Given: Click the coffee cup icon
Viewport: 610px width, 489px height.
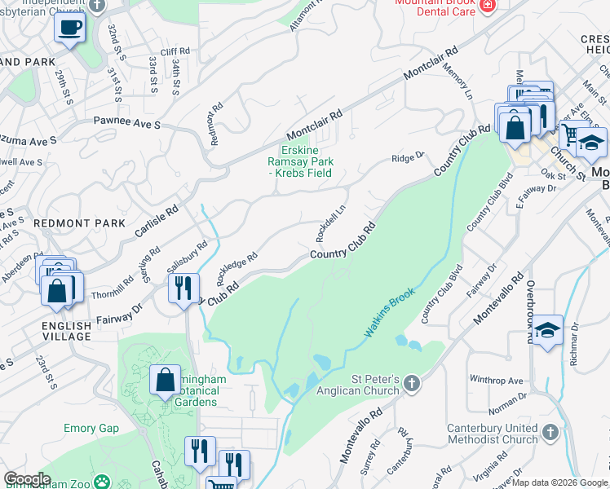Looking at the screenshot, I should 69,29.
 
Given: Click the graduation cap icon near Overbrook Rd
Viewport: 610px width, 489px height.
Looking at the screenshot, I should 548,330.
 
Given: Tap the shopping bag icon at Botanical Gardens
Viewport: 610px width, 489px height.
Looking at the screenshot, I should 166,379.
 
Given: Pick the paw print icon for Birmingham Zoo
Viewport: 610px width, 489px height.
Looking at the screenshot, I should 102,482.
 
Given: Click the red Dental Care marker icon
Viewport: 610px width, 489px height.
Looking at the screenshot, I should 488,5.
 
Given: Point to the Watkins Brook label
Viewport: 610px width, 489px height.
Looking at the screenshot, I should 389,313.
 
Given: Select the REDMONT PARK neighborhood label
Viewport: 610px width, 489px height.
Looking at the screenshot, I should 80,223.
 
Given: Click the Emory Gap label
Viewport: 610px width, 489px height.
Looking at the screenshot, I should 91,428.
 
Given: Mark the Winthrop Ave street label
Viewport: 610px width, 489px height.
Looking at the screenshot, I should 496,381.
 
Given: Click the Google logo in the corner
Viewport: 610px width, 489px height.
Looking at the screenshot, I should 27,479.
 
